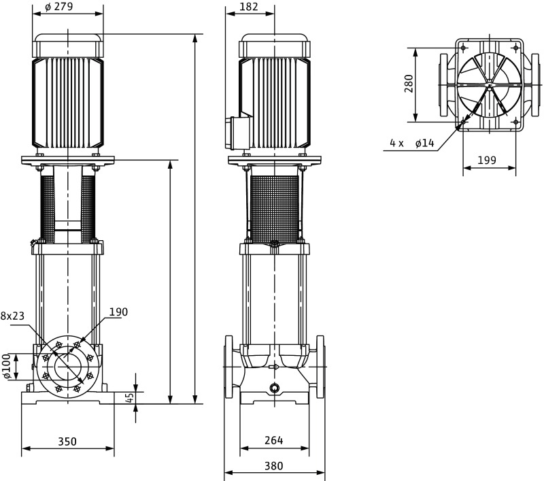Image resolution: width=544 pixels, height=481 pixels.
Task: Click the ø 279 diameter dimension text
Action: (68, 7)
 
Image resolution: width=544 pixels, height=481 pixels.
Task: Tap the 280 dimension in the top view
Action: (408, 84)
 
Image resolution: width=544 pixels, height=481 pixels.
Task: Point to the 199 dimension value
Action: (486, 161)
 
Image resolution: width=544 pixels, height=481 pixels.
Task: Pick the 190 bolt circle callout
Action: (118, 312)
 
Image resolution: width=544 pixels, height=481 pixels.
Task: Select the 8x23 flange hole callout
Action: (12, 316)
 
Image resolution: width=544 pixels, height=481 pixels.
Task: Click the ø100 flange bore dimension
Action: (7, 366)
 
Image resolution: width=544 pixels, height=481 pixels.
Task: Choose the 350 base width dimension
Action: (67, 442)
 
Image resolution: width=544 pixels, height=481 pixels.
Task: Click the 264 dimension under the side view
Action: (273, 441)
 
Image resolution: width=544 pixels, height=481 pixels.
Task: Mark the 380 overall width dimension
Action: (273, 466)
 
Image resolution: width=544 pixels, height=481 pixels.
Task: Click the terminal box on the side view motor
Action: (238, 133)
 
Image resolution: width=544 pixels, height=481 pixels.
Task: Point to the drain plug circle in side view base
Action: (274, 388)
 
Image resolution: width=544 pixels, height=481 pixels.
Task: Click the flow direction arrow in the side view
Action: (273, 368)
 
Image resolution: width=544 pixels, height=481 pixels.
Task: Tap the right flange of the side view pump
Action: (320, 367)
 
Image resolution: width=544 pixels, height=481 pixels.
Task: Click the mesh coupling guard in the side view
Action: (274, 208)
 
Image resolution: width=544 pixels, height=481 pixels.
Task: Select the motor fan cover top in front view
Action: (68, 44)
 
